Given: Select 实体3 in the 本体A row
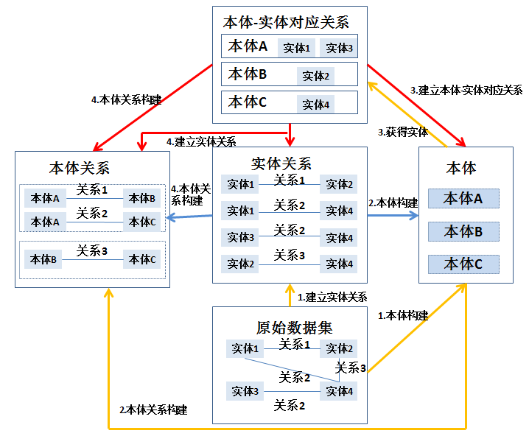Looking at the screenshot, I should click(x=340, y=48).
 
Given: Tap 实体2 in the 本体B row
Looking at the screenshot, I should click(x=315, y=76).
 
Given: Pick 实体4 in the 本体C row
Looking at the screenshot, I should click(x=315, y=104).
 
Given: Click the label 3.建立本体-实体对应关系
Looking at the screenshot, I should click(x=466, y=90).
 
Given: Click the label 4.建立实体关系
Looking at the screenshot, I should click(x=201, y=141).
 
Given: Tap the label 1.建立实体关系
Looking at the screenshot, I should click(x=332, y=298).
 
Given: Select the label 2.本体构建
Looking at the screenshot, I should click(x=393, y=203).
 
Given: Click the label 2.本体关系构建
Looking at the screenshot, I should click(x=153, y=409).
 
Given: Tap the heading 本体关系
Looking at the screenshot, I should click(x=79, y=169).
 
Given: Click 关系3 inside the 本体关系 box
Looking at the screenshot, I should click(x=92, y=251).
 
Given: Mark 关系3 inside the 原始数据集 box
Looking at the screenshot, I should click(x=351, y=368).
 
